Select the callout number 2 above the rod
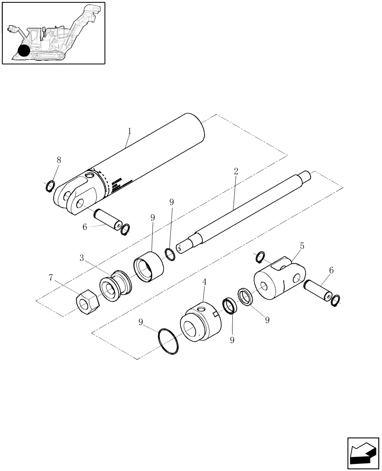point(236,171)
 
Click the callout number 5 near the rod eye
point(302,246)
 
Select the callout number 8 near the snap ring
point(59,159)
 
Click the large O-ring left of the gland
point(168,341)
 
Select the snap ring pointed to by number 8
point(50,187)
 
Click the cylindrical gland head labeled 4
point(199,323)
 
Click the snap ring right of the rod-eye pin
point(335,300)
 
